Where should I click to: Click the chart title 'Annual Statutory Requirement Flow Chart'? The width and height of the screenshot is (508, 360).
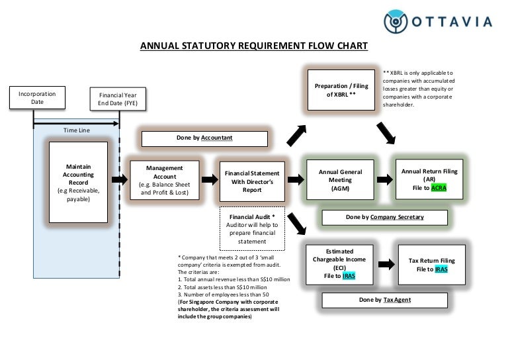(x=254, y=46)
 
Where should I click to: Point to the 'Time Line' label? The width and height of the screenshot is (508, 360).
(x=76, y=130)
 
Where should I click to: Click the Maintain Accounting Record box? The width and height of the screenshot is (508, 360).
(x=78, y=180)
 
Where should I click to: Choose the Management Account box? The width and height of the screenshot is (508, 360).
(x=165, y=181)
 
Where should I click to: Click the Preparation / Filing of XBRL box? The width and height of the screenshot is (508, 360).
(x=341, y=90)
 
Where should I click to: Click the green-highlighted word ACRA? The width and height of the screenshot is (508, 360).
(x=439, y=188)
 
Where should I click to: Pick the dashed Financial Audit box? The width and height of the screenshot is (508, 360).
(x=252, y=228)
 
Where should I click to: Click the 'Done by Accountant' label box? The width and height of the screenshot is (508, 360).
(x=204, y=138)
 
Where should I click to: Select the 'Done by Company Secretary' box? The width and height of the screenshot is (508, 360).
(x=384, y=217)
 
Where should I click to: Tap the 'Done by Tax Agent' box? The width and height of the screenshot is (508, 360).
(x=384, y=300)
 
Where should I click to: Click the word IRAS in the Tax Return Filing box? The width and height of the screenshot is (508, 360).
(x=441, y=269)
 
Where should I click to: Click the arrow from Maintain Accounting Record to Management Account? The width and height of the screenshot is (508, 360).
(x=119, y=180)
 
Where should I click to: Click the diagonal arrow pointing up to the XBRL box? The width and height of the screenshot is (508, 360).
(x=295, y=136)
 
